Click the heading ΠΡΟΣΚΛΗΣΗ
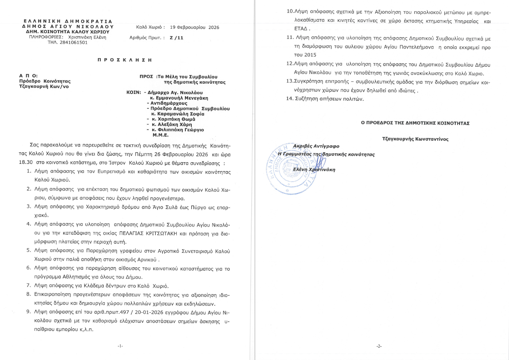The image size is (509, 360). click(125, 59)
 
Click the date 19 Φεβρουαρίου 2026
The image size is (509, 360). click(194, 28)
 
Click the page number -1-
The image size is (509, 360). click(120, 346)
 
